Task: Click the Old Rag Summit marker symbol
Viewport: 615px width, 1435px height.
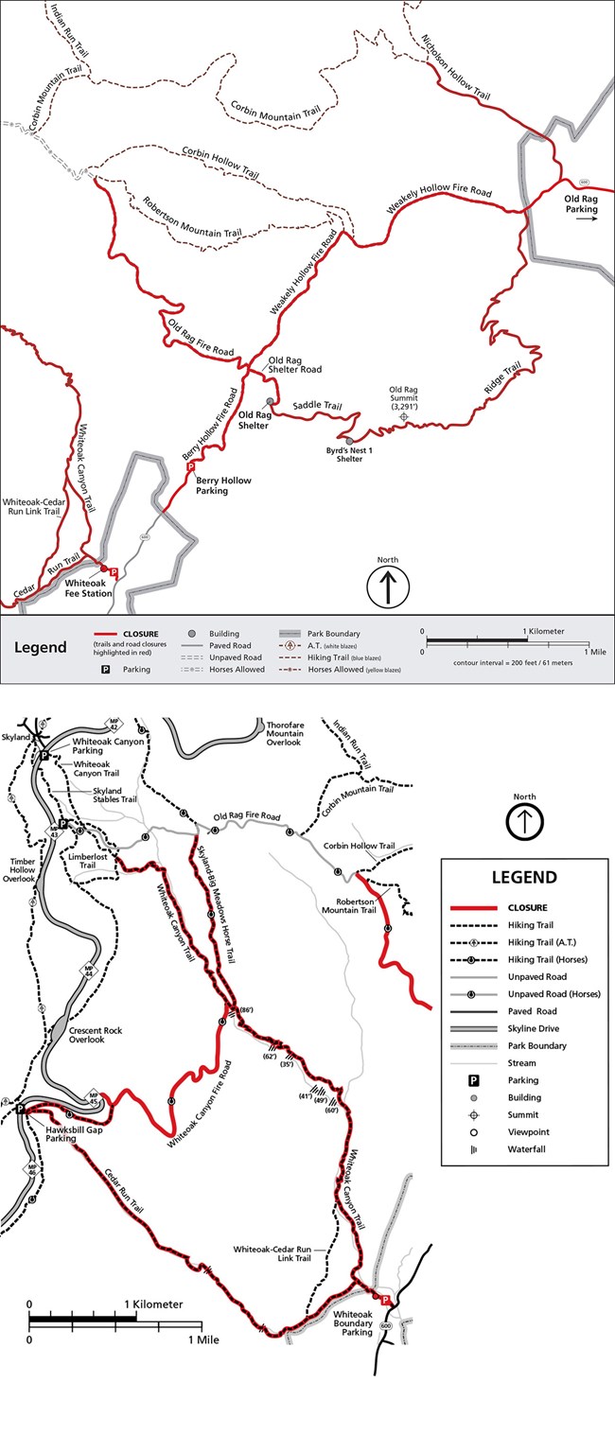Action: click(404, 415)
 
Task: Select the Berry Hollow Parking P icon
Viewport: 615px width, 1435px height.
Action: click(190, 467)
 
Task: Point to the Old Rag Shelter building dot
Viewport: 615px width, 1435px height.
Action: click(270, 401)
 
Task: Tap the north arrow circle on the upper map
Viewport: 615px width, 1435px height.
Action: click(388, 587)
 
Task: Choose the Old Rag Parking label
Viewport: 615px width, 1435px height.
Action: click(580, 203)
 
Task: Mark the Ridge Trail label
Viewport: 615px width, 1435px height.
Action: click(503, 378)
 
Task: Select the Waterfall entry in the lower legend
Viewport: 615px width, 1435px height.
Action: click(528, 1149)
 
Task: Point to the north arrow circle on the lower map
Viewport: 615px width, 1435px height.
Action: click(524, 822)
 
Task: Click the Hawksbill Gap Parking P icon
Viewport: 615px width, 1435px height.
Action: click(21, 1109)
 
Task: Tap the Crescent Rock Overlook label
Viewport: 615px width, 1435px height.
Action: click(97, 1036)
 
